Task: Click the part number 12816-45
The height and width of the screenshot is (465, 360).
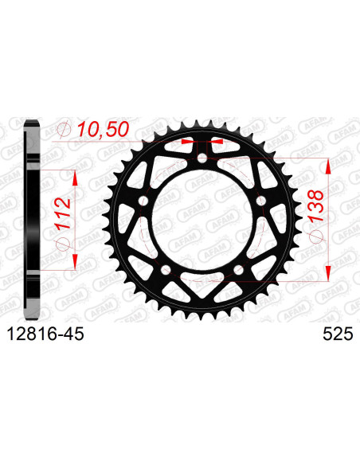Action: point(45,334)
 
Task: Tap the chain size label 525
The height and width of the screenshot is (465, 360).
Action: point(338,334)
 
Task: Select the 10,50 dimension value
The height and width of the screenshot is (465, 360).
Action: point(104,130)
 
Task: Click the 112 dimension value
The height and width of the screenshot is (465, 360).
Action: point(64,213)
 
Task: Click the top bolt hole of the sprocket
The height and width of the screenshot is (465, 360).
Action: point(202,158)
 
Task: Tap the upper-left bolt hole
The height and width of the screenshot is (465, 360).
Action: point(143,201)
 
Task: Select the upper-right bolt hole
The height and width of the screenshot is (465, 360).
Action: point(261,201)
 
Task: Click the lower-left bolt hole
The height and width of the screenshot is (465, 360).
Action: point(166,270)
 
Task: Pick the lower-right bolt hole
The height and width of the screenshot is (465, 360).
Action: point(239,270)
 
